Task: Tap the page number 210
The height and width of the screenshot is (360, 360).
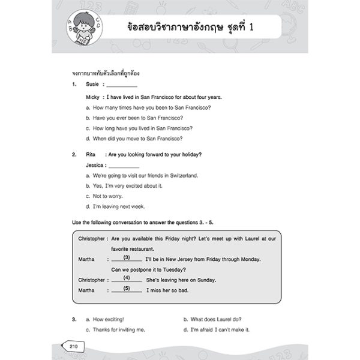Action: [x=74, y=346]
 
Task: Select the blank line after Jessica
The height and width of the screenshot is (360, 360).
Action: [x=124, y=165]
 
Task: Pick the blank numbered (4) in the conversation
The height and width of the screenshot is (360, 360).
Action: [x=127, y=279]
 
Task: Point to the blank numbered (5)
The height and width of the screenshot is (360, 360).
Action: [x=127, y=289]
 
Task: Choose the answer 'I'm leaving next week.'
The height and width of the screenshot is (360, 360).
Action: [x=114, y=206]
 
